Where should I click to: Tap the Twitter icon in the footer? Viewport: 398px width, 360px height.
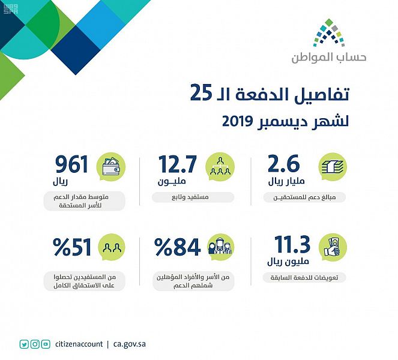(x=24, y=344)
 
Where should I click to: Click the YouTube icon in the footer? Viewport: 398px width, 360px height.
(x=46, y=344)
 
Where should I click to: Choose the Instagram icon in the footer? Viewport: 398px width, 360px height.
(x=35, y=344)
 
